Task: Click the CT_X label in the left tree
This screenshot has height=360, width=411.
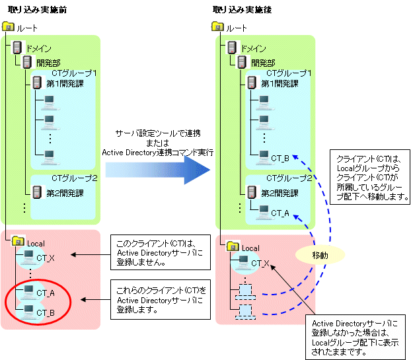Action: (x=46, y=257)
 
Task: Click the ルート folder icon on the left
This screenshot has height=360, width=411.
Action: (x=8, y=28)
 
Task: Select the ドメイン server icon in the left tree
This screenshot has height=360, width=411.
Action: (x=19, y=48)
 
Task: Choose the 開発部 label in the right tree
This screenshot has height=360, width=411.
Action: (x=264, y=63)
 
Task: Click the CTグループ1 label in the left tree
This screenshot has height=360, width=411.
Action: (x=75, y=73)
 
